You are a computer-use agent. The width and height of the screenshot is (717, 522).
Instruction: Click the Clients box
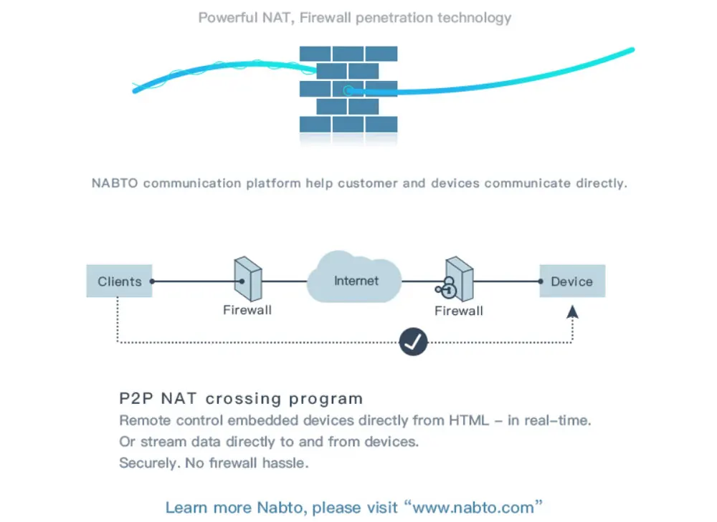click(x=119, y=281)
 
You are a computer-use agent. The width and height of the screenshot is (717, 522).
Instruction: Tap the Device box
click(x=572, y=281)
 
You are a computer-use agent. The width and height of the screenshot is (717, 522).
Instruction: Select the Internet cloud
click(x=355, y=277)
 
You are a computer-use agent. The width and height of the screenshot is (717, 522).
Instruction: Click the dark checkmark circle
click(x=413, y=342)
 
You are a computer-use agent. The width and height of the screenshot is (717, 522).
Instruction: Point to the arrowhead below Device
click(x=572, y=311)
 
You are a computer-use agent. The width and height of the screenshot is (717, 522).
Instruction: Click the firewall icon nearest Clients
click(x=248, y=279)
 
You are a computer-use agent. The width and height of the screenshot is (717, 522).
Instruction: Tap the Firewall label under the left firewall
click(x=247, y=310)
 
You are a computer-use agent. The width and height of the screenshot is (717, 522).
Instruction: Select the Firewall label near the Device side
click(x=459, y=311)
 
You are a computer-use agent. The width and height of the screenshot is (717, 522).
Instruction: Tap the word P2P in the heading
click(x=136, y=398)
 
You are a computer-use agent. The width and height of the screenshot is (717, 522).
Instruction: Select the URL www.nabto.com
click(x=473, y=508)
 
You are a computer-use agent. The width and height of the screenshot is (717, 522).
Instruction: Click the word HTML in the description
click(x=469, y=420)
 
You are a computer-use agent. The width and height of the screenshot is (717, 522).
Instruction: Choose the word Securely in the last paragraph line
click(x=150, y=463)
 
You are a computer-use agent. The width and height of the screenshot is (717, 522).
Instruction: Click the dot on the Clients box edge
click(x=152, y=281)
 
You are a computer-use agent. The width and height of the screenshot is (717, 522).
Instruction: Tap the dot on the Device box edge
click(x=541, y=281)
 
